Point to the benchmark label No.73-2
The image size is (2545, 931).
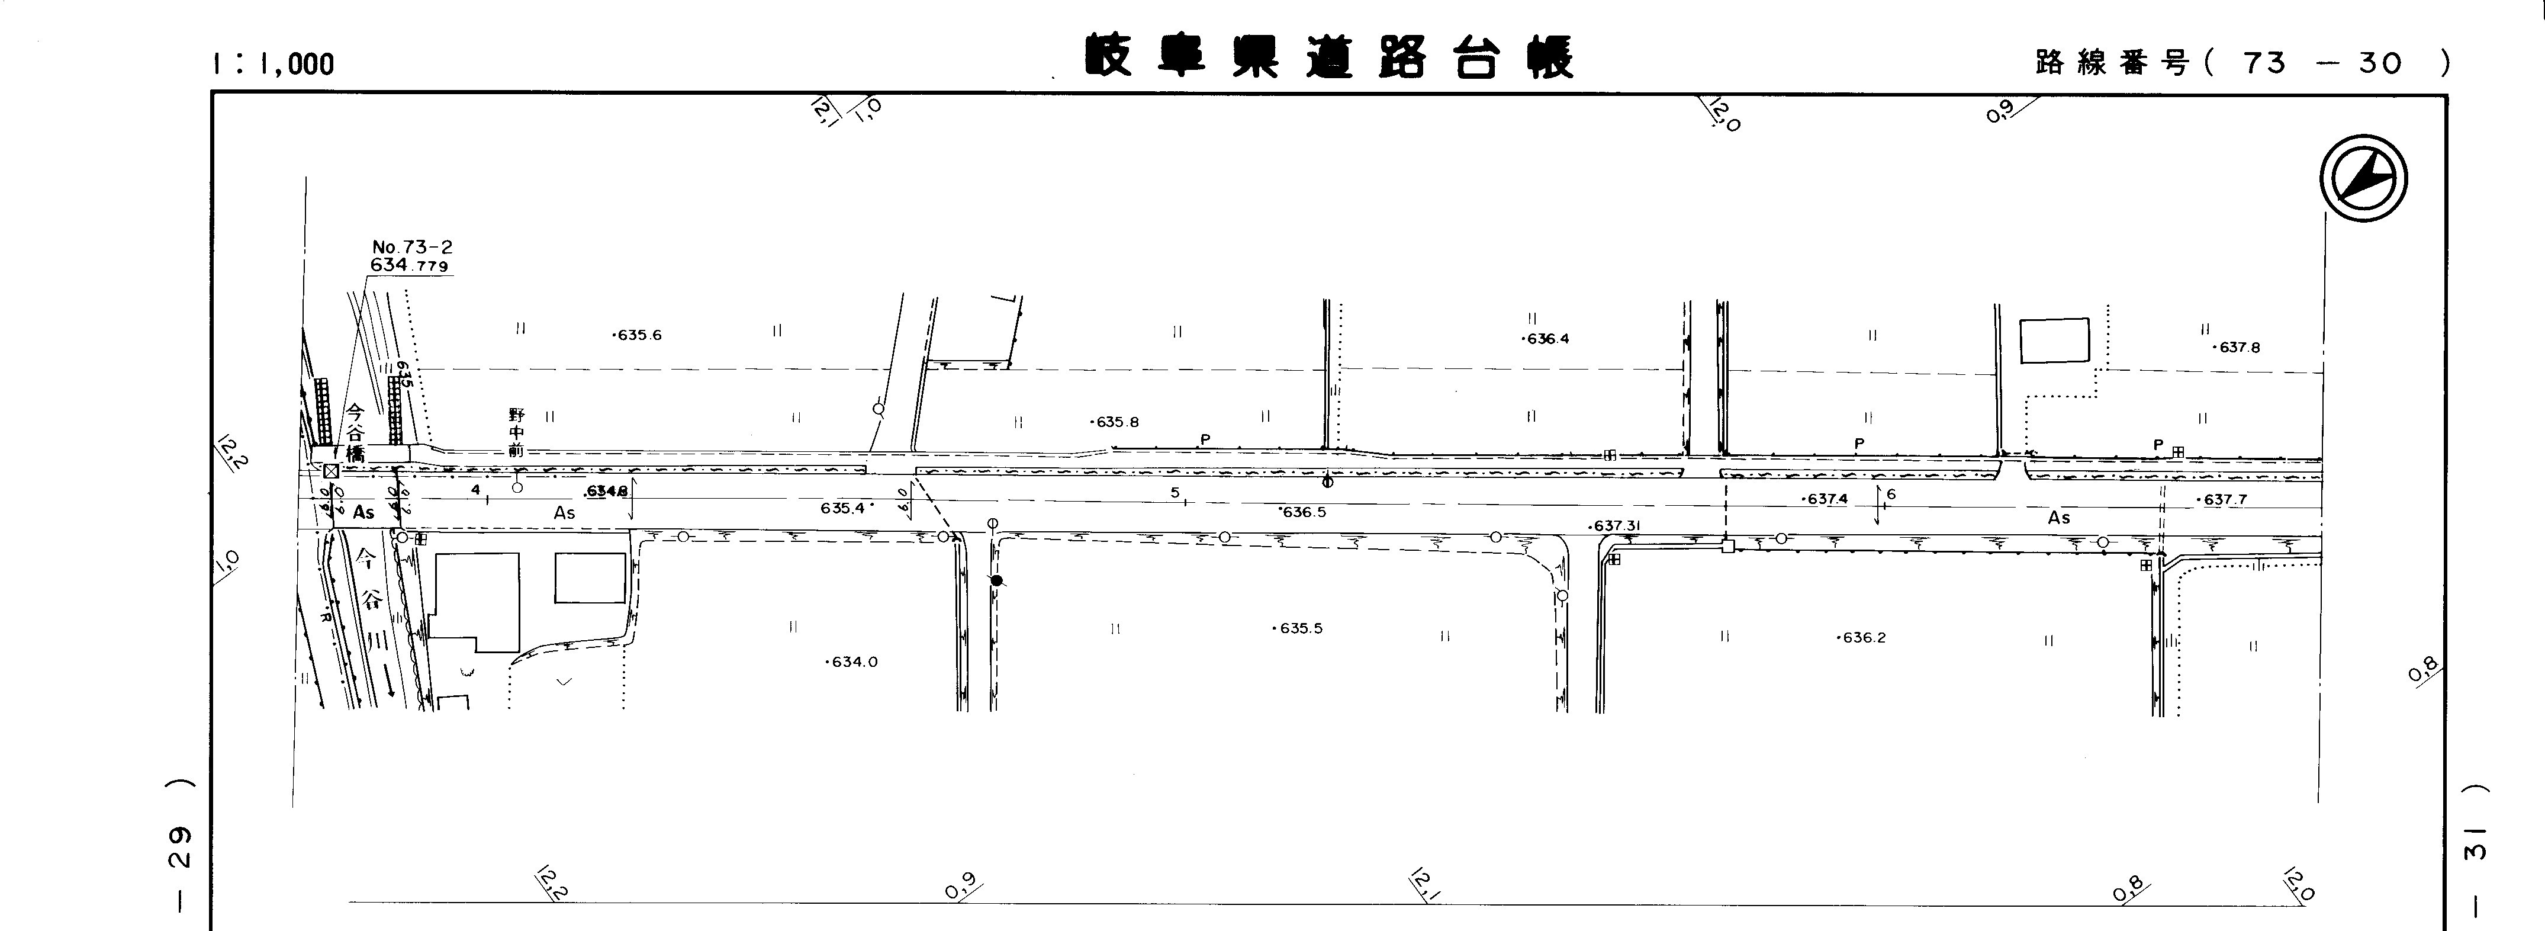click(x=412, y=247)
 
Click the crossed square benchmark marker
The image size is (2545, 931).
click(x=331, y=470)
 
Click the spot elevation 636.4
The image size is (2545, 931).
click(x=1546, y=339)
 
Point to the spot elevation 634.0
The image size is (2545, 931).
click(x=852, y=662)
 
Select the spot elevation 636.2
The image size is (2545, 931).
click(x=1862, y=637)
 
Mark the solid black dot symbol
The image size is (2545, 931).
click(x=997, y=581)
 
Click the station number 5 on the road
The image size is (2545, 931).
click(x=1175, y=492)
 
